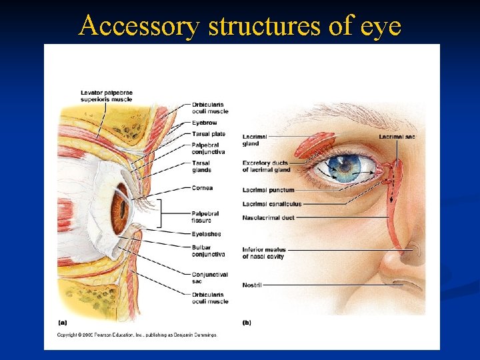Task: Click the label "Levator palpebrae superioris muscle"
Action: point(106,96)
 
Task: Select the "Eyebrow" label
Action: point(204,123)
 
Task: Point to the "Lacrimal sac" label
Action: point(397,137)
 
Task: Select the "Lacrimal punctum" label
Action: point(268,190)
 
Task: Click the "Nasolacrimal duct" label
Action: point(269,217)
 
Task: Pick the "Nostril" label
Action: point(252,285)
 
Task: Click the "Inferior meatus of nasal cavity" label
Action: point(263,253)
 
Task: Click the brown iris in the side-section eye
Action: point(120,210)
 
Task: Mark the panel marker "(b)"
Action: point(247,323)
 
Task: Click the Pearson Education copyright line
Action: point(137,335)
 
